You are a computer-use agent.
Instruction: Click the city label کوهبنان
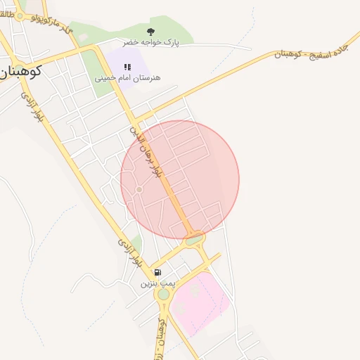(x=23, y=70)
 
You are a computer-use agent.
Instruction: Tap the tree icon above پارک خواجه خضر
(x=151, y=32)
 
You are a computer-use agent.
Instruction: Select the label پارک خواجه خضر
(x=151, y=43)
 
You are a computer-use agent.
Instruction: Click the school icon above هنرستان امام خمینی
(x=127, y=67)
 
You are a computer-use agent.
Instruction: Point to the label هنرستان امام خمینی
(x=127, y=77)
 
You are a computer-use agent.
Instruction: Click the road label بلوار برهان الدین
(x=148, y=152)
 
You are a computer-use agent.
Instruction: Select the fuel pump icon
(x=157, y=272)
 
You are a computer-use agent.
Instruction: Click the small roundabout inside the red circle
(x=139, y=189)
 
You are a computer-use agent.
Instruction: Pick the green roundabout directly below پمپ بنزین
(x=164, y=295)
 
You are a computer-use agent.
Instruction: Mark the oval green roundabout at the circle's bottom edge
(x=195, y=239)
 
